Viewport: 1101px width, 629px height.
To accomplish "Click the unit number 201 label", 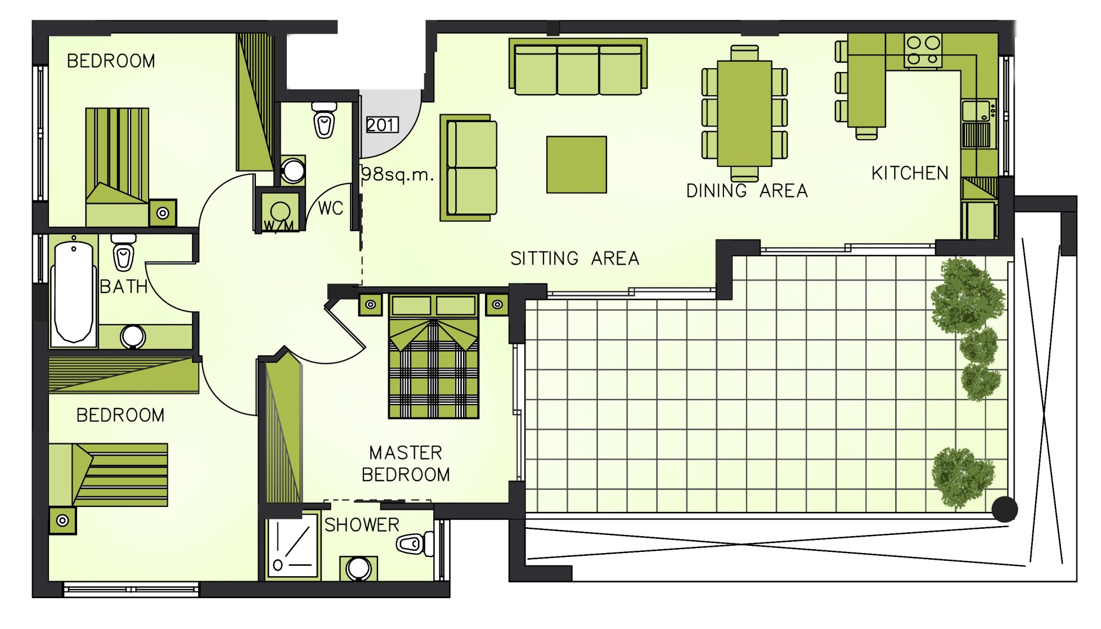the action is tap(382, 125).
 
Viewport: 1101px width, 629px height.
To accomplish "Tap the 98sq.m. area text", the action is tap(397, 174).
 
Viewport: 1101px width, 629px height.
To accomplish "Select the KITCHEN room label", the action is tap(910, 173).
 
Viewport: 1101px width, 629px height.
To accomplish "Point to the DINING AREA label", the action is tap(747, 191).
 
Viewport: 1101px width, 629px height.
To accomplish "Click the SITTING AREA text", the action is tap(575, 259).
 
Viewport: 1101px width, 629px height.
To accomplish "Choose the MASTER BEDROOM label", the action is tap(406, 464).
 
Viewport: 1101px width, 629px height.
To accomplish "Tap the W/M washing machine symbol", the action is tap(280, 211).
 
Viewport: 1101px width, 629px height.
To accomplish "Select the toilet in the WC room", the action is tap(324, 120).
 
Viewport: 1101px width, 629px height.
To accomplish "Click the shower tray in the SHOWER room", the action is tap(293, 545).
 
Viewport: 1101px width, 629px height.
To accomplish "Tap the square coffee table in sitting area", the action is tap(576, 165).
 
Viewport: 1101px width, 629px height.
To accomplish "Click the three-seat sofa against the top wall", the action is tap(578, 67).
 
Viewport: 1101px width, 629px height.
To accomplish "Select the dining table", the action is tap(744, 113).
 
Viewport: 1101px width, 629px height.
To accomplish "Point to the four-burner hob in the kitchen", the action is tap(923, 51).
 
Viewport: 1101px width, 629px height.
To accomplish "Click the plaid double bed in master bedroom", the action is tap(433, 357).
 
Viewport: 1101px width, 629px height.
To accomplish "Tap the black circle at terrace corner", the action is tap(1005, 509).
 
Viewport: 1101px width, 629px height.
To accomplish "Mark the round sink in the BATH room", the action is tap(133, 336).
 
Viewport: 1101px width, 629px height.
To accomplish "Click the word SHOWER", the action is tap(362, 525).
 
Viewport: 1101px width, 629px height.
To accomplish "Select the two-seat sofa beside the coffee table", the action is tap(468, 168).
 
